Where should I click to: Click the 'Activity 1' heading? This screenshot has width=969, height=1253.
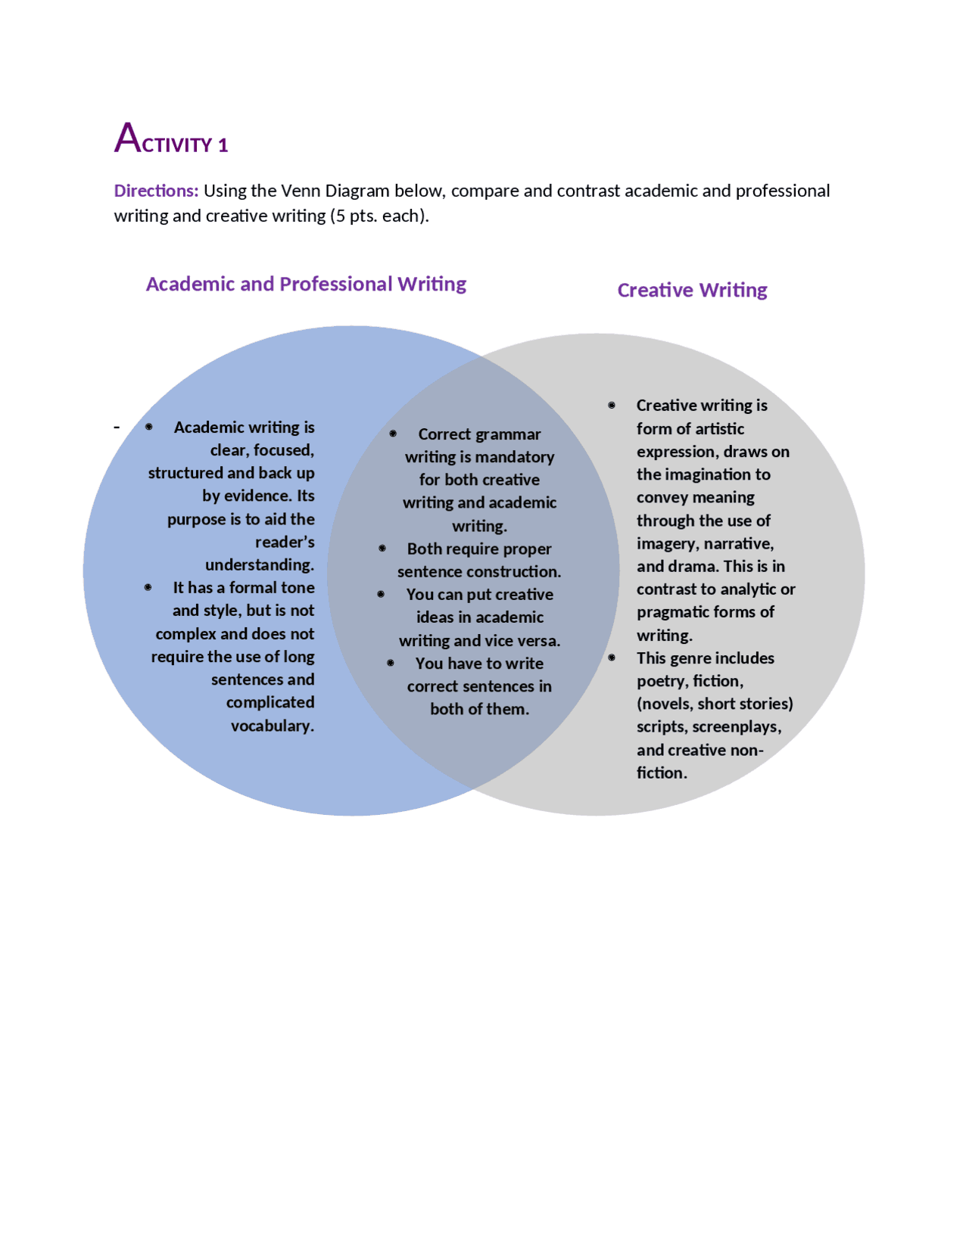coord(171,139)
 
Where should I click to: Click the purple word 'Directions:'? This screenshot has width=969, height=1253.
coord(156,191)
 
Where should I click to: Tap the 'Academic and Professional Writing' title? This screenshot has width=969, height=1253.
coord(306,284)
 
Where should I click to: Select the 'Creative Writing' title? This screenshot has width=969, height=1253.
coord(692,290)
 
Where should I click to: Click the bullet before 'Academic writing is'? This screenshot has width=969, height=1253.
coord(149,428)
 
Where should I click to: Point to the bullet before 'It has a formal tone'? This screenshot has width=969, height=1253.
coord(148,588)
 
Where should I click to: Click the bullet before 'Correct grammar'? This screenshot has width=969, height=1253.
coord(393,434)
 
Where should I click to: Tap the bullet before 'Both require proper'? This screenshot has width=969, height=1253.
coord(382,549)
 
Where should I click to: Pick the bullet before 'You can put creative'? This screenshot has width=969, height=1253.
coord(381,595)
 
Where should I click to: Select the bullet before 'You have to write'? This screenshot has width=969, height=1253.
coord(391,664)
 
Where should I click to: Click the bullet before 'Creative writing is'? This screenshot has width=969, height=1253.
coord(612,406)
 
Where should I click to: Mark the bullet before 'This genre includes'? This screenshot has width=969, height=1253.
coord(612,658)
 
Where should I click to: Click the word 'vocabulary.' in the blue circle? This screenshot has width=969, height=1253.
coord(273,726)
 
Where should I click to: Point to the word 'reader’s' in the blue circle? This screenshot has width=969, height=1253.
coord(285,543)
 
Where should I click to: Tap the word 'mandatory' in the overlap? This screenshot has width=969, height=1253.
coord(518,457)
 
